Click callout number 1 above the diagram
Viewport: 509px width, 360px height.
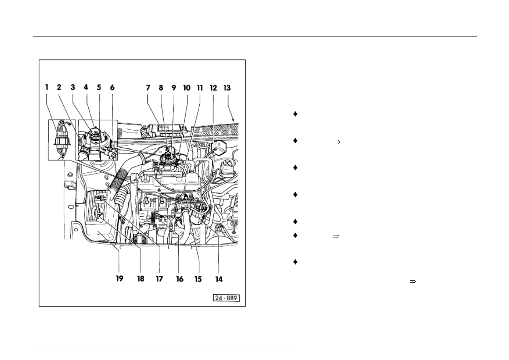click(x=47, y=87)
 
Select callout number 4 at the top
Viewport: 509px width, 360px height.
click(x=86, y=87)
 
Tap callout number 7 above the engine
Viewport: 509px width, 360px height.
click(x=148, y=87)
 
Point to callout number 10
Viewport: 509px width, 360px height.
click(x=187, y=87)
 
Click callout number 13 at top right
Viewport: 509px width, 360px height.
click(x=227, y=87)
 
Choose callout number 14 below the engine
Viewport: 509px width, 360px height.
click(x=219, y=279)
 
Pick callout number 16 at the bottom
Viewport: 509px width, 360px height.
click(x=180, y=279)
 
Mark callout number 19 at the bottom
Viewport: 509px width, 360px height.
click(x=119, y=279)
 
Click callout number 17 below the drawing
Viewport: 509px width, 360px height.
click(x=159, y=279)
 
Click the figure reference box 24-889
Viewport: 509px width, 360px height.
click(x=226, y=298)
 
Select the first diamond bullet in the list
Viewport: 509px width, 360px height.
click(x=295, y=114)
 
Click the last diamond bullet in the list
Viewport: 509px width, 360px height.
click(x=295, y=262)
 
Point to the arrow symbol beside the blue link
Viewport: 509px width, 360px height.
click(x=337, y=142)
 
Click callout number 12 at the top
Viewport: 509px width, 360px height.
click(x=213, y=87)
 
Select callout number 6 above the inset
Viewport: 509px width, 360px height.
click(x=112, y=87)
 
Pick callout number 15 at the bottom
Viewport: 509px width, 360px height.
click(x=198, y=279)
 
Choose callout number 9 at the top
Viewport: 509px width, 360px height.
click(x=174, y=87)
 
